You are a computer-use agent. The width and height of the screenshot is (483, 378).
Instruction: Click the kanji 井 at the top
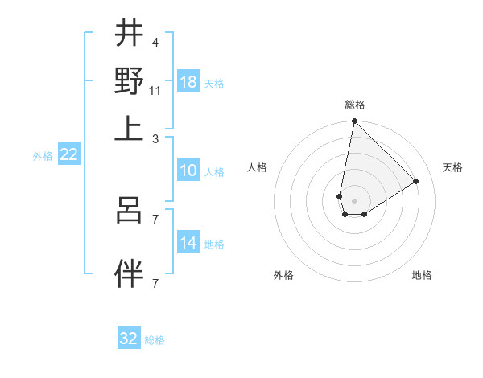point(130,34)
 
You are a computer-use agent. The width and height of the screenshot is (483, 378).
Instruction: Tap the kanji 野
point(130,80)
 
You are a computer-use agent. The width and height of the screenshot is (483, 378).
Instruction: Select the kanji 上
point(130,127)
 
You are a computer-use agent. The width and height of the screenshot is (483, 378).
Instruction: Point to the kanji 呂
point(130,210)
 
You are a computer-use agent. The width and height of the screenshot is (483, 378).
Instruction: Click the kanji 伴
point(130,273)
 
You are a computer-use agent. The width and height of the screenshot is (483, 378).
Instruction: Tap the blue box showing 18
point(188,82)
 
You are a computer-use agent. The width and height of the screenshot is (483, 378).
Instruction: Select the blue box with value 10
point(188,171)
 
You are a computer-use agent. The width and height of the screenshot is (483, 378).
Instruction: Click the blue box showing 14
point(188,243)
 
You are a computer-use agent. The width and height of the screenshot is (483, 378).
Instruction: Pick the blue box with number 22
point(69,155)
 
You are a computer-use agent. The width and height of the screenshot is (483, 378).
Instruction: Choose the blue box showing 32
point(129,339)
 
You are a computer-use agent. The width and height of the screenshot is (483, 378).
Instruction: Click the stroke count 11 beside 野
point(155,90)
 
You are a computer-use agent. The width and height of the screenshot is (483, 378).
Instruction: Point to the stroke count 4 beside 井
point(155,42)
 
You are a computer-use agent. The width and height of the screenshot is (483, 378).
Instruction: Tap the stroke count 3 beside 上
point(155,138)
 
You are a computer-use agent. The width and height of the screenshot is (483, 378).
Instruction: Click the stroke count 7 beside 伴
point(155,282)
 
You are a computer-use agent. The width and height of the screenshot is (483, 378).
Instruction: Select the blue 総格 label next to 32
point(155,340)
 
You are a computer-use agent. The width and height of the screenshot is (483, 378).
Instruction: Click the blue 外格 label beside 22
point(43,156)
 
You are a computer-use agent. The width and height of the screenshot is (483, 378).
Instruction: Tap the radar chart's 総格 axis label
point(355,105)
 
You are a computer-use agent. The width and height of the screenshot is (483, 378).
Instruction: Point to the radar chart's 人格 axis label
point(258,167)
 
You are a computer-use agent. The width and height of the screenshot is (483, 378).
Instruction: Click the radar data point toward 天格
point(416,181)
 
